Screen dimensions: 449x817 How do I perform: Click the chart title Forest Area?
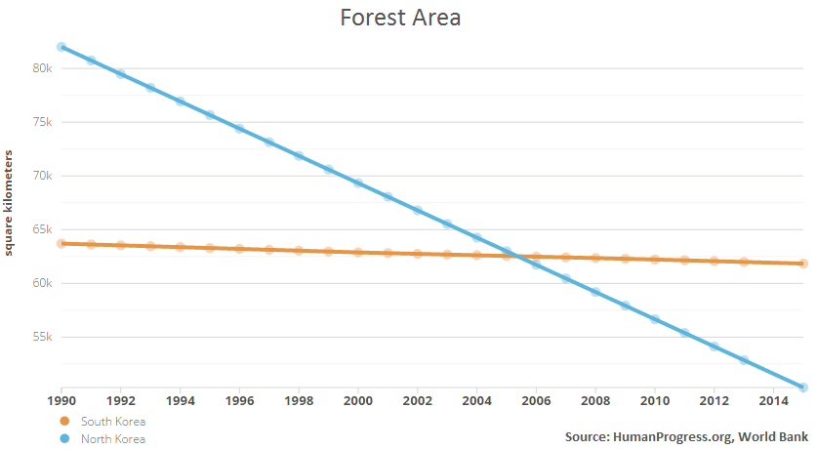click(x=400, y=18)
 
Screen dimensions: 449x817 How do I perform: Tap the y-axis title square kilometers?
click(x=10, y=204)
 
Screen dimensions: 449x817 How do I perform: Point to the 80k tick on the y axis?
click(x=40, y=68)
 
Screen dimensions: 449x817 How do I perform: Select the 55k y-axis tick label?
click(x=40, y=337)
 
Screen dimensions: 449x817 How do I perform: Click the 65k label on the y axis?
click(x=40, y=229)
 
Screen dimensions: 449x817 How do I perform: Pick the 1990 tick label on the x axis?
click(x=61, y=400)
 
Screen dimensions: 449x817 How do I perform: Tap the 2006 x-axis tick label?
click(x=536, y=400)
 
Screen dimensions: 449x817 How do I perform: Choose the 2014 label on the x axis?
click(x=773, y=400)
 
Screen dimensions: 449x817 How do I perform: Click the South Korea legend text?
click(x=113, y=422)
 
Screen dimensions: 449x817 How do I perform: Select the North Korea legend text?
click(x=113, y=439)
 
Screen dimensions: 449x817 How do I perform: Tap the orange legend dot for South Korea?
click(x=65, y=422)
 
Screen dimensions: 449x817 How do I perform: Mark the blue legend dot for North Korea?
click(x=65, y=439)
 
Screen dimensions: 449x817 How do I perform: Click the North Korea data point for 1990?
click(x=61, y=47)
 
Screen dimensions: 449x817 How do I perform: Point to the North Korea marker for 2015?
click(x=803, y=388)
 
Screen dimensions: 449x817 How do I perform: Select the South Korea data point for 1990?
click(x=61, y=243)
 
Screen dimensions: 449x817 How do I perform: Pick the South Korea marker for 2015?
click(x=803, y=264)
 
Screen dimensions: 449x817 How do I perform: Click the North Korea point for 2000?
click(x=358, y=183)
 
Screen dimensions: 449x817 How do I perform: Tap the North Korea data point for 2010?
click(x=655, y=319)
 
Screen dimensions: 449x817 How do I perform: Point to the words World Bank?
click(x=771, y=435)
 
